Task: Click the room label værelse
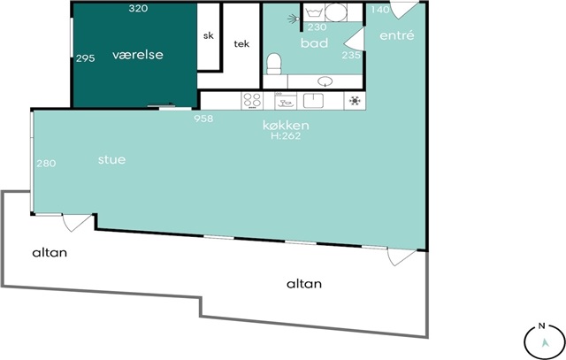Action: pyautogui.click(x=138, y=55)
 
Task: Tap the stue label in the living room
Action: pyautogui.click(x=112, y=159)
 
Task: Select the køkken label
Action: pyautogui.click(x=286, y=126)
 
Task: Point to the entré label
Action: pyautogui.click(x=397, y=35)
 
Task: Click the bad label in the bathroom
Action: pyautogui.click(x=315, y=43)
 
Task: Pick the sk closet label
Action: pyautogui.click(x=209, y=35)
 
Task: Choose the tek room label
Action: pyautogui.click(x=241, y=43)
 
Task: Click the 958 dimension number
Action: pyautogui.click(x=203, y=119)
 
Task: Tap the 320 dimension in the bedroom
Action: pyautogui.click(x=138, y=8)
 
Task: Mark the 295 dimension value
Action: pyautogui.click(x=86, y=58)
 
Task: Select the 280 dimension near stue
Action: pyautogui.click(x=46, y=164)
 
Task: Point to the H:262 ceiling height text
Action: pyautogui.click(x=286, y=135)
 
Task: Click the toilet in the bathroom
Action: pyautogui.click(x=274, y=64)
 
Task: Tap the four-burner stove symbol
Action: pyautogui.click(x=252, y=100)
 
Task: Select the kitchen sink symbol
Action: pyautogui.click(x=313, y=100)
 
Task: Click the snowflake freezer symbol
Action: pyautogui.click(x=355, y=100)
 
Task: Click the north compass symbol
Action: pyautogui.click(x=545, y=341)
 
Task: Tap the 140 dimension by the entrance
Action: pyautogui.click(x=380, y=10)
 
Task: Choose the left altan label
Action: pyautogui.click(x=50, y=252)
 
